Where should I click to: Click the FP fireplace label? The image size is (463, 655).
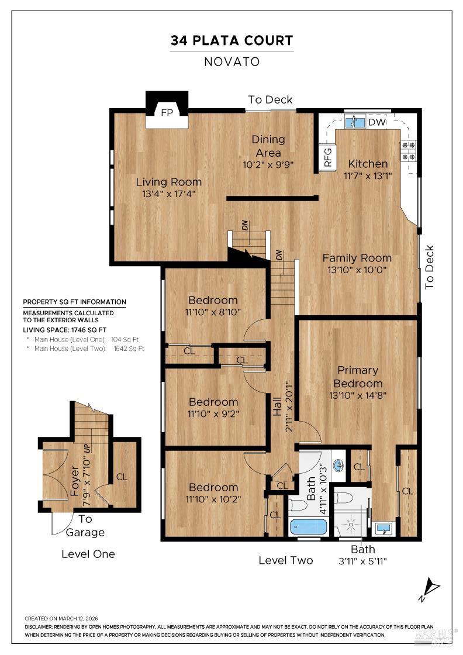point(167,113)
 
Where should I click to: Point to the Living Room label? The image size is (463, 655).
point(169,182)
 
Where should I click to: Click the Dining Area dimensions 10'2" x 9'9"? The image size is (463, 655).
point(268,165)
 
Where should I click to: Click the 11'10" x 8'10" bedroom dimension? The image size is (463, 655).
point(213,312)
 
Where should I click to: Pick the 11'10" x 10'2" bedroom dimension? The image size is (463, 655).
point(213,499)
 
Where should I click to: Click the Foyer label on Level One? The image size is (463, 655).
point(75,480)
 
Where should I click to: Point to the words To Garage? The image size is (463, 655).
point(85,526)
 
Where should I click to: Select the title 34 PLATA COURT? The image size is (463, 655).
point(231,41)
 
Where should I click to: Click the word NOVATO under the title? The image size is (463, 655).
point(231,61)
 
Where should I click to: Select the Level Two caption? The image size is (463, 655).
point(286,560)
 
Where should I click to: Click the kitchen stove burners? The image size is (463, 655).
point(408,151)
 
